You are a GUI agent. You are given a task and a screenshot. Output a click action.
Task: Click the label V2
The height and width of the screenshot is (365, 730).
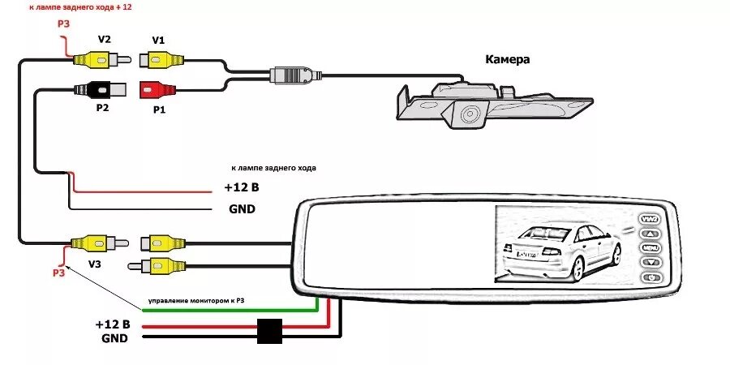tap(104, 40)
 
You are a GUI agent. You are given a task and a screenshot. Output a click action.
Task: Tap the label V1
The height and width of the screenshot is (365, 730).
tap(157, 40)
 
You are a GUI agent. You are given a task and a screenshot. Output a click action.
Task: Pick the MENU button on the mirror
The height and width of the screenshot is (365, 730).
tap(650, 247)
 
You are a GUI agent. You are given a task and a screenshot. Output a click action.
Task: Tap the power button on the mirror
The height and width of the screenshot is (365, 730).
tap(651, 279)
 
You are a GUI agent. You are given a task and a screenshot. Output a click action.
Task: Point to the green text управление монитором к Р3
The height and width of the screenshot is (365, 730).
tap(195, 302)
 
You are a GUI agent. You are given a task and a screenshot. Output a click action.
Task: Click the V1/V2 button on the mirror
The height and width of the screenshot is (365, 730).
tap(650, 218)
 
